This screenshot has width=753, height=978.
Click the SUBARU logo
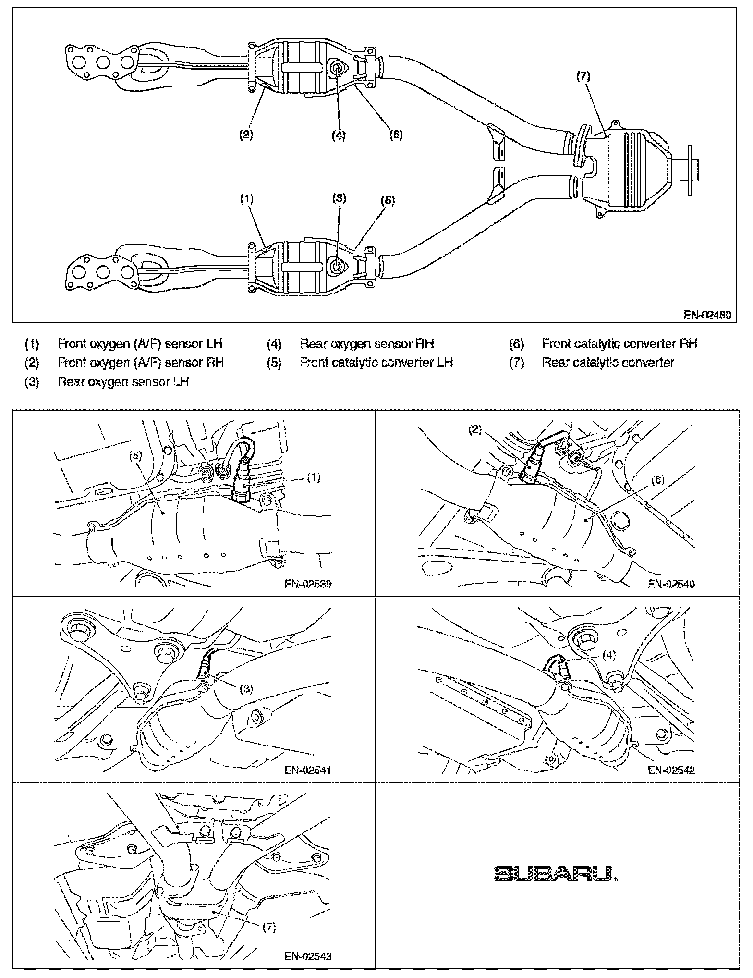[x=556, y=874]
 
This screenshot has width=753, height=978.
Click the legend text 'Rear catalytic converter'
[x=608, y=363]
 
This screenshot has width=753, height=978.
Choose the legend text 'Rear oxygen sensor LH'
[x=123, y=382]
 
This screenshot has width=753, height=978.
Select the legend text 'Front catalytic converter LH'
[x=376, y=363]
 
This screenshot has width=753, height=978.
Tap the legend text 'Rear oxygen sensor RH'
[x=366, y=344]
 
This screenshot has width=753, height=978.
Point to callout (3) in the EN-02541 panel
[x=246, y=689]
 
